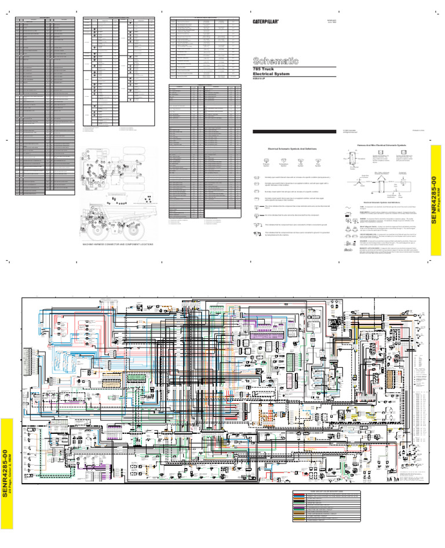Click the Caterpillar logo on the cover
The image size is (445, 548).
pos(267,21)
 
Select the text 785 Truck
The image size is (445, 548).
pos(264,70)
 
